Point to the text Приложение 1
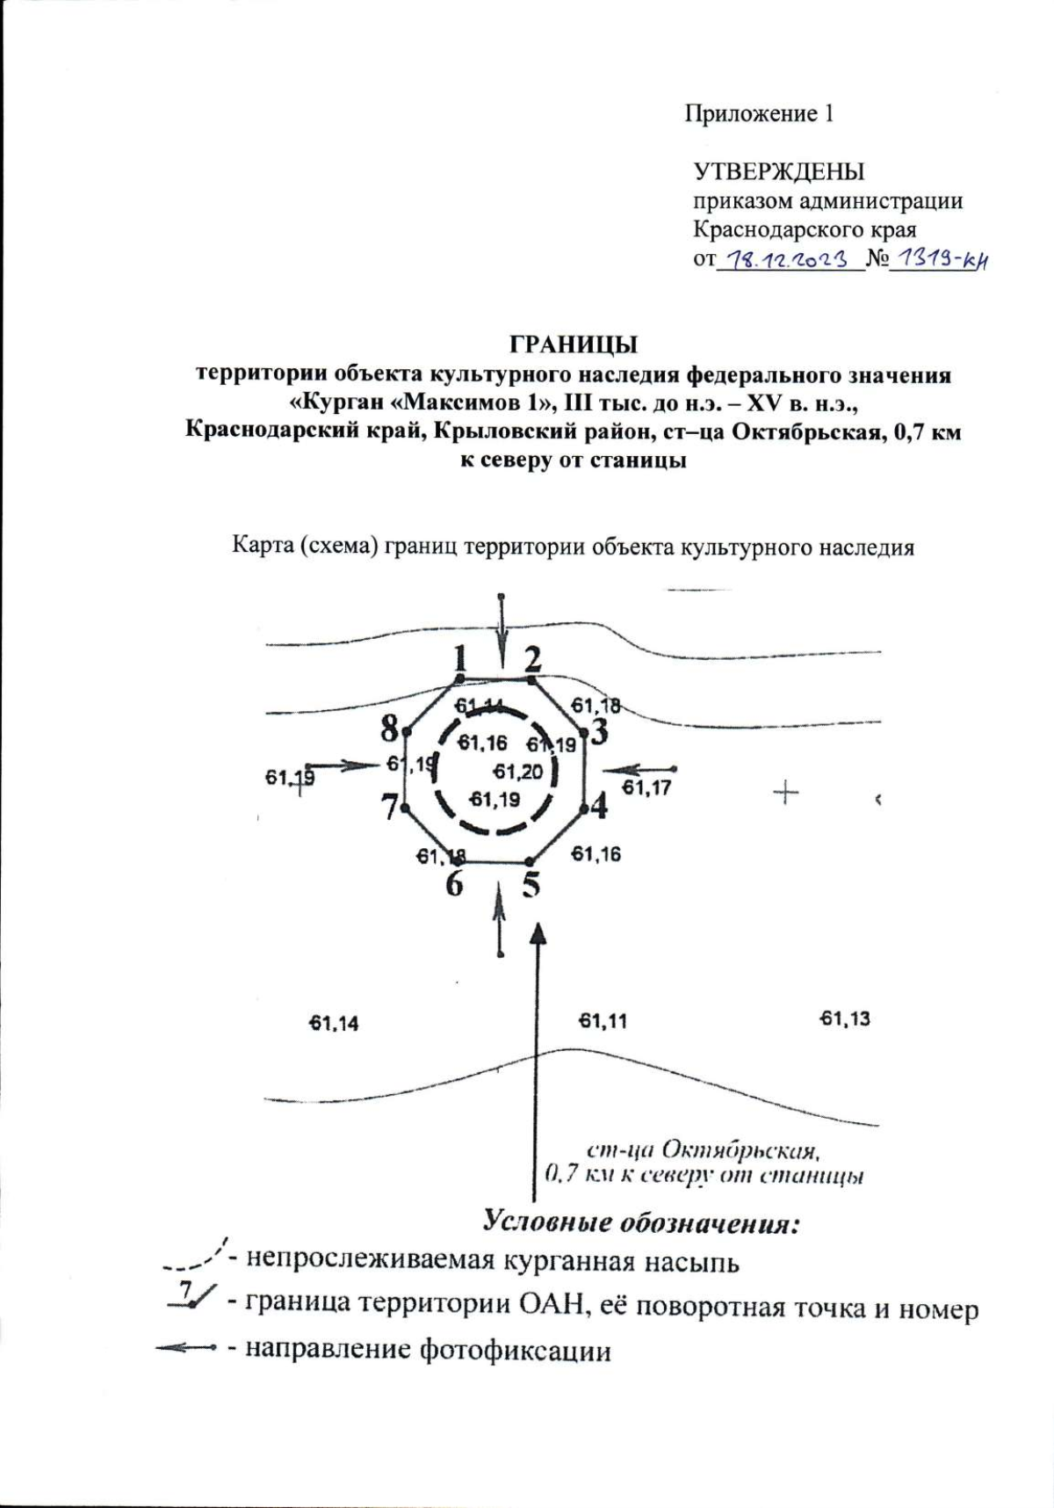759,114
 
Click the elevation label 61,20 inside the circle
517,772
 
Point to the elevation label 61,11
603,1021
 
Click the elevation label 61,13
845,1019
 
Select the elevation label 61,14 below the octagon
334,1023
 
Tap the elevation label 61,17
646,787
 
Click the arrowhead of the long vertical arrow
538,932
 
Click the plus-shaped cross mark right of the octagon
785,794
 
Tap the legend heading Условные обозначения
641,1222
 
